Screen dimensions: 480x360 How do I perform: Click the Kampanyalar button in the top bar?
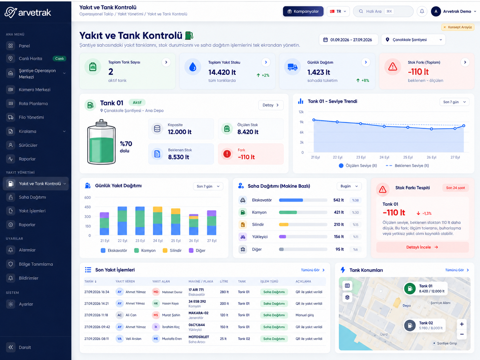[x=303, y=11]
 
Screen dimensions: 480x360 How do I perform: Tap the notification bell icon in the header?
[x=422, y=11]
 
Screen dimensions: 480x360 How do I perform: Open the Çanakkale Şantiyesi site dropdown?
[x=413, y=40]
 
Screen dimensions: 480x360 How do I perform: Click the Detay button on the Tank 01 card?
[x=271, y=105]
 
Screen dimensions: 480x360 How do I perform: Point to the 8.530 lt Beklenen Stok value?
[x=178, y=157]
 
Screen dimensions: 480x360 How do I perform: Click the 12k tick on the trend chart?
[x=301, y=112]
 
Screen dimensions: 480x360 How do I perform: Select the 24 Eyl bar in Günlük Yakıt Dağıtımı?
[x=158, y=221]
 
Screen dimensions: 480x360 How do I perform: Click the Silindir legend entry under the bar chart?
[x=172, y=251]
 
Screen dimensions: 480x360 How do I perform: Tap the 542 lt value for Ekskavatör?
[x=338, y=200]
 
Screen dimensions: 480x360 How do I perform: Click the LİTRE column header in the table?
[x=224, y=281]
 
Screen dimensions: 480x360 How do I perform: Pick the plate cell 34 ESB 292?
[x=197, y=301]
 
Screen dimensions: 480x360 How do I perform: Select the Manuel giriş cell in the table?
[x=305, y=315]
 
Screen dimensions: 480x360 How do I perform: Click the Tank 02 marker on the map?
[x=410, y=326]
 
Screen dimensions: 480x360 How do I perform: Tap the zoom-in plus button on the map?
[x=462, y=324]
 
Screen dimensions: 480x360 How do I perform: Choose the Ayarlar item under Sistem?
[x=26, y=304]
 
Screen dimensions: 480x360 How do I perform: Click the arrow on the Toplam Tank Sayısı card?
[x=166, y=62]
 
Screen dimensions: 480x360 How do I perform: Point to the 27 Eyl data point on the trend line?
[x=464, y=126]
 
